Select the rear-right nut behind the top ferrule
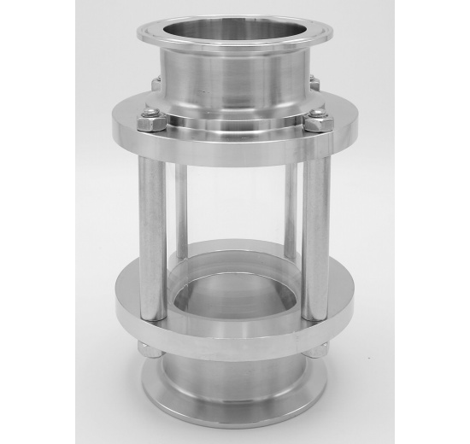click(x=313, y=83)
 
